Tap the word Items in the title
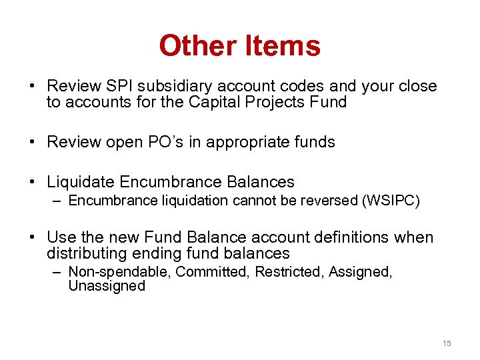tap(282, 46)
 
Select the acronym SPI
tap(114, 87)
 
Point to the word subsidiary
tap(167, 87)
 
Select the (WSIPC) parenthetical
tap(391, 201)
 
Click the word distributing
tap(86, 253)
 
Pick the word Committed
tap(192, 272)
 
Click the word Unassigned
tap(107, 286)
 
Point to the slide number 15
tap(447, 343)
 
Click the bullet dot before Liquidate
tap(32, 182)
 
